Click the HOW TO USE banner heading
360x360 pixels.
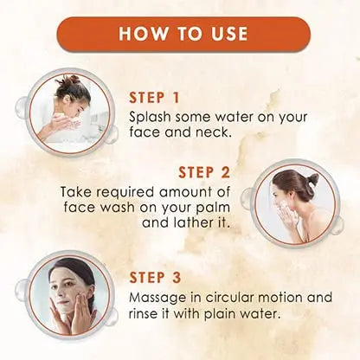pos(182,34)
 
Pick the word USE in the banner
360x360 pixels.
pos(225,34)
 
